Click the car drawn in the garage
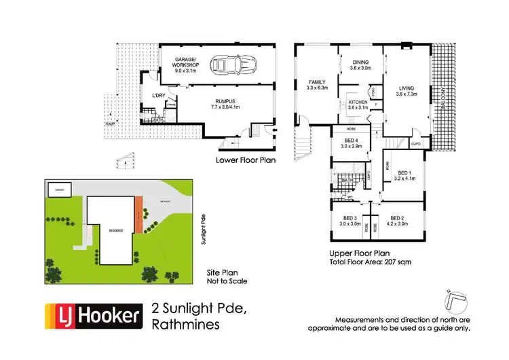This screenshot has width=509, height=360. [232, 66]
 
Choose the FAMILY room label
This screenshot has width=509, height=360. [317, 84]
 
